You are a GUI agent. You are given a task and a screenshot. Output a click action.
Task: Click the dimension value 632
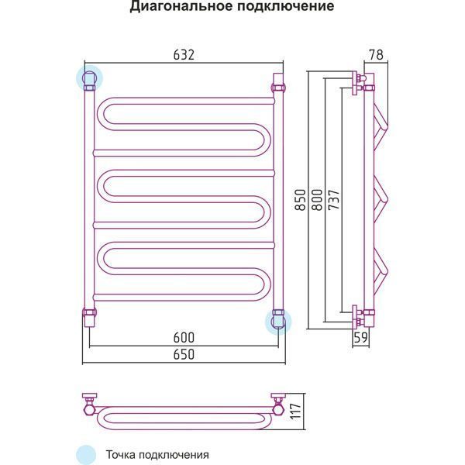click(x=182, y=55)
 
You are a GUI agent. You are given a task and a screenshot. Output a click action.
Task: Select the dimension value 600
click(x=183, y=337)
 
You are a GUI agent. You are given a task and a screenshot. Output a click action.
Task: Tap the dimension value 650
click(x=183, y=353)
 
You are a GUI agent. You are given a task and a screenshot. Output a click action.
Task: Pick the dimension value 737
click(x=332, y=200)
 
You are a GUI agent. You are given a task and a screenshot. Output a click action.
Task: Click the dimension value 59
click(x=360, y=337)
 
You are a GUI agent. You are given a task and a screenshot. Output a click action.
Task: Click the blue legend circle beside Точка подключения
click(x=86, y=455)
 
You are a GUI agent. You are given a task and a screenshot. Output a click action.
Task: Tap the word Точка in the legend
click(x=122, y=455)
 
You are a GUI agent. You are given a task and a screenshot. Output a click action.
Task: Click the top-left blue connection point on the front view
click(x=88, y=77)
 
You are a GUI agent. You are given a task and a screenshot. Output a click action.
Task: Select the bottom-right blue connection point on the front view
click(x=277, y=320)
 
